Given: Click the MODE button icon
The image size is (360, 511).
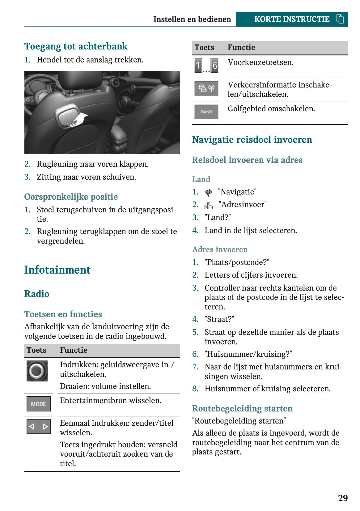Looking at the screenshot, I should [x=39, y=404].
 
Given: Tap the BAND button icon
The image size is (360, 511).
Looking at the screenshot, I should [x=206, y=112].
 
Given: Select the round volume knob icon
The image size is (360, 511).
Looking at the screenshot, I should [x=37, y=371].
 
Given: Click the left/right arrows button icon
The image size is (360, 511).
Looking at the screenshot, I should [x=39, y=427].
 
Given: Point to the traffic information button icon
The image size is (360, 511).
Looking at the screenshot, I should [x=206, y=89].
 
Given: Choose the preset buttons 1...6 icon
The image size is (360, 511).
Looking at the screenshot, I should [x=206, y=66].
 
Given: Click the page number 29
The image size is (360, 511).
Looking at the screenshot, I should [x=343, y=498].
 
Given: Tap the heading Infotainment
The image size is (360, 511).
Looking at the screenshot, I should [x=57, y=270].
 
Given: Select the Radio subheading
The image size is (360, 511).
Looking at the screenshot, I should [x=37, y=294].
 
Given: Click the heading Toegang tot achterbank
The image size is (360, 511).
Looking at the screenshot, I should [x=76, y=46].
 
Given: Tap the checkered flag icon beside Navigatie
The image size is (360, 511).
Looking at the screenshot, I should [x=209, y=192].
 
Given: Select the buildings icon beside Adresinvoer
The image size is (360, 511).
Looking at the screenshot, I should [x=209, y=205].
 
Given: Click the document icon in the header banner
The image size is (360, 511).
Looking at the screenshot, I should [x=340, y=19].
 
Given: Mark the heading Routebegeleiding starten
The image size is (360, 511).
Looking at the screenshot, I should [x=242, y=408].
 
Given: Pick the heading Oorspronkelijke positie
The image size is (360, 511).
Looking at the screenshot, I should [x=71, y=197].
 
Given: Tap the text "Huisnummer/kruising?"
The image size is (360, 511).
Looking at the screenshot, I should [x=248, y=354].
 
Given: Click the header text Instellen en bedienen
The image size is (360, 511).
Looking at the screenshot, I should [x=192, y=19].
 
